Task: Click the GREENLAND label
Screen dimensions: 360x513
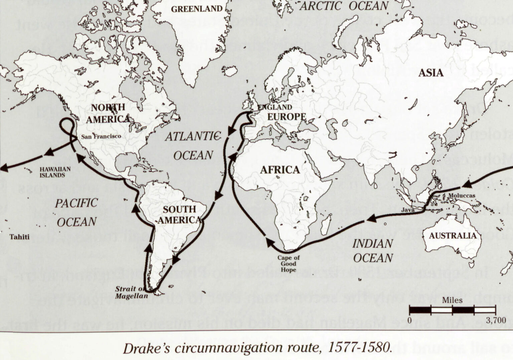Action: tap(197, 9)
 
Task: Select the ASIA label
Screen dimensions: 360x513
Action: tap(431, 73)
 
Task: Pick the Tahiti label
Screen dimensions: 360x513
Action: tap(19, 237)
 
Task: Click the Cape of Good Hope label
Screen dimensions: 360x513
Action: tap(289, 263)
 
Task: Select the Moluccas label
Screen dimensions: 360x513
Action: tap(462, 196)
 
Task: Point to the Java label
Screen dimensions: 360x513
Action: tap(407, 210)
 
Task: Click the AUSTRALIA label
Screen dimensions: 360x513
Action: tap(453, 236)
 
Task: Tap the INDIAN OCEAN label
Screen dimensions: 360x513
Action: tap(372, 251)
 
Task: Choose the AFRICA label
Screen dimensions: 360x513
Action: tap(280, 170)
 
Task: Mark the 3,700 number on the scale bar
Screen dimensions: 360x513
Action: tap(496, 320)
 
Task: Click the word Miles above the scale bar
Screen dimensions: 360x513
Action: tap(452, 300)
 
